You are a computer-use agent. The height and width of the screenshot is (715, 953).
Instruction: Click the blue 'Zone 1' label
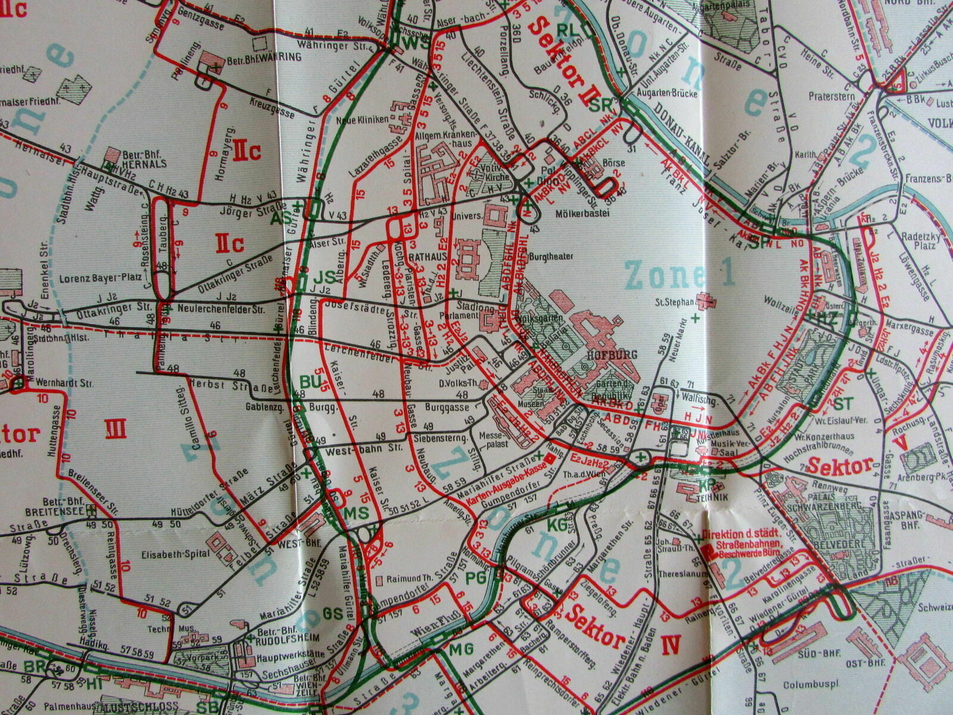[680, 274]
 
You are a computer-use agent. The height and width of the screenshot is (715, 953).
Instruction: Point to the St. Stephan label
[675, 301]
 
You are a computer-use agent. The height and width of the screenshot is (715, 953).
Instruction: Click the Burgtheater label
[553, 257]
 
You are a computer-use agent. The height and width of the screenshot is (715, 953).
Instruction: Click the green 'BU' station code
[310, 380]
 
